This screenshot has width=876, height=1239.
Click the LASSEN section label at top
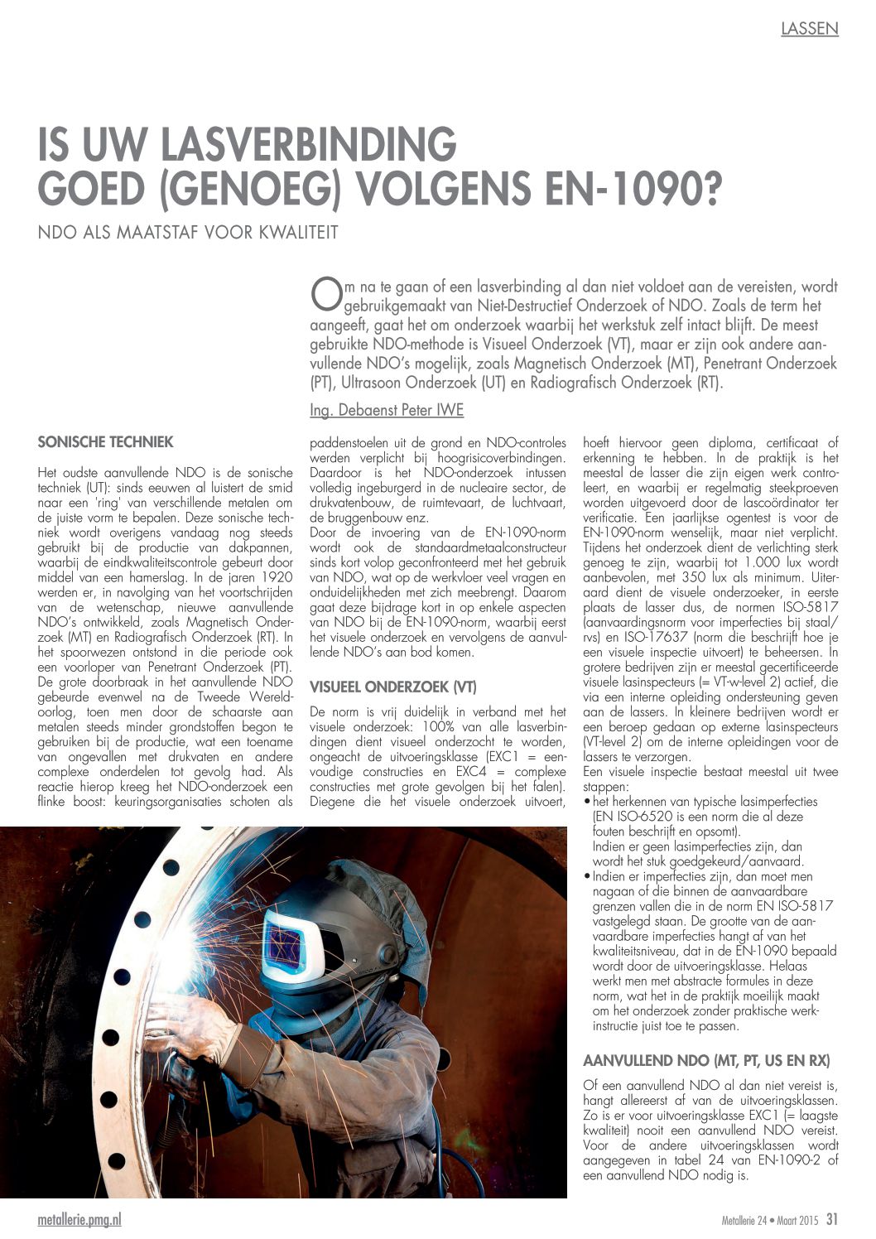pos(809,29)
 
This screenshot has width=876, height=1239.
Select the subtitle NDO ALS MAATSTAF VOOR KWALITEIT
pos(188,233)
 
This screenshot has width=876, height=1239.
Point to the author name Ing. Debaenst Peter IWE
pos(386,410)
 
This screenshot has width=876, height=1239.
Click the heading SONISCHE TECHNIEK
pos(105,442)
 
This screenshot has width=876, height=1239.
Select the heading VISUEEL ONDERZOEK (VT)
pos(392,687)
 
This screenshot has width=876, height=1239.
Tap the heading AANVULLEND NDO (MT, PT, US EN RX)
pos(706,1061)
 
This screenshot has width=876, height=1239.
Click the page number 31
pos(832,1219)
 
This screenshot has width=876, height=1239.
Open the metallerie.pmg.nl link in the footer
pos(79,1220)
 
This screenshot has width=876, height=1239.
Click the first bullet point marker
pos(587,802)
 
